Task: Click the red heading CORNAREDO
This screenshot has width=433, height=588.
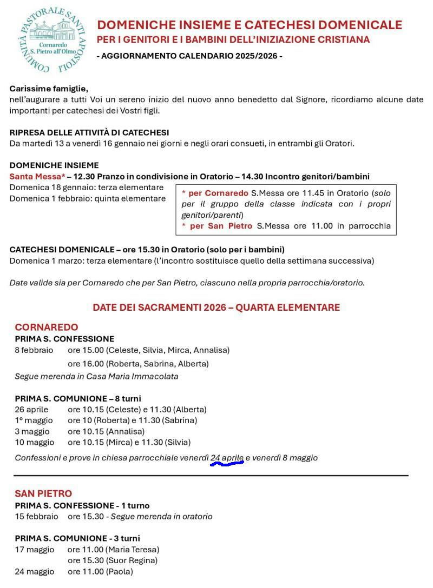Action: pos(47,327)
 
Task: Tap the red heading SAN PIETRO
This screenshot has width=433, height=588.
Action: pos(43,493)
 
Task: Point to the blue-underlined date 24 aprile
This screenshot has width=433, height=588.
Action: pos(227,458)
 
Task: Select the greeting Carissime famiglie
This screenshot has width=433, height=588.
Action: pos(49,89)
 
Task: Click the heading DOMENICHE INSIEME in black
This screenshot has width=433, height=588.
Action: pos(54,165)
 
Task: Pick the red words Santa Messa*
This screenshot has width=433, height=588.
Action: pos(37,177)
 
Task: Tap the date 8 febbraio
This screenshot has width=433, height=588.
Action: pos(34,350)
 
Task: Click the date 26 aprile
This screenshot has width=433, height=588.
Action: pos(31,410)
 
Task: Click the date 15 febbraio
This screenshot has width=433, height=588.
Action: pos(36,517)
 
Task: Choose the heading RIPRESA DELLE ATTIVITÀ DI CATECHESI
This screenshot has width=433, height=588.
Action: pos(89,132)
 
